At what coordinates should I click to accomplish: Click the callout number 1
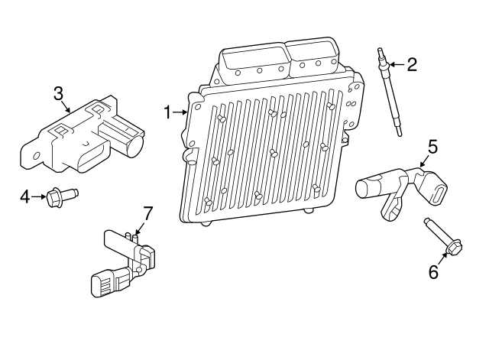click(x=168, y=112)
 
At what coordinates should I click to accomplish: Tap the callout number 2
click(x=412, y=64)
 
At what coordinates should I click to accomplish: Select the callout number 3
click(x=58, y=93)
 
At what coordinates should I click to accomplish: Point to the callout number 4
click(x=24, y=197)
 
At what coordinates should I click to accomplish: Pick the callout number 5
click(x=432, y=146)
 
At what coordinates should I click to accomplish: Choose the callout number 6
click(x=433, y=271)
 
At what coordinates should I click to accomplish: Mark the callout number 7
click(x=148, y=212)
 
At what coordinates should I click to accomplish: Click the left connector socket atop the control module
click(x=251, y=58)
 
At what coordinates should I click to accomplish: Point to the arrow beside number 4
click(x=40, y=197)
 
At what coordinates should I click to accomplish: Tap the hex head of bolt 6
click(x=452, y=249)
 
